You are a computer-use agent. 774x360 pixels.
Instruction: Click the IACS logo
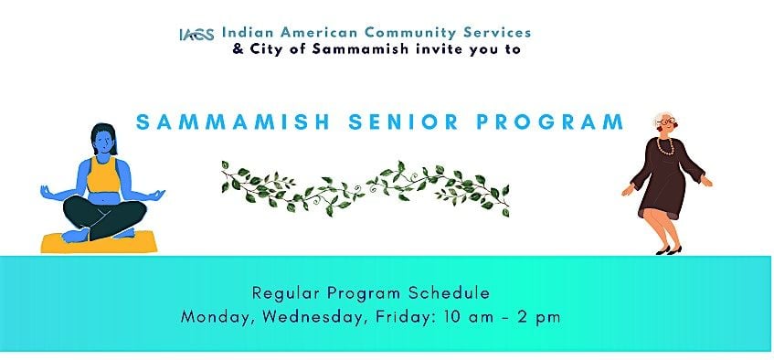(x=197, y=35)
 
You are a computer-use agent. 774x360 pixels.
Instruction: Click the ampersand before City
(x=239, y=49)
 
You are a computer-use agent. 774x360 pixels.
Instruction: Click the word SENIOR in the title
(x=403, y=122)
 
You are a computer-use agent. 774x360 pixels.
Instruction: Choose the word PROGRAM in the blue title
(x=549, y=122)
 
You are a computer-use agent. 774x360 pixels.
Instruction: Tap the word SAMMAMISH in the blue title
(x=233, y=122)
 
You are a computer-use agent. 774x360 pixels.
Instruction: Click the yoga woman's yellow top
(x=103, y=175)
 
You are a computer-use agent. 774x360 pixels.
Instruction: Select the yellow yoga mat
(x=99, y=242)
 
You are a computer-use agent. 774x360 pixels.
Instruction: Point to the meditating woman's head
(x=104, y=139)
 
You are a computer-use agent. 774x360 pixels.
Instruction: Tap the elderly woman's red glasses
(x=666, y=121)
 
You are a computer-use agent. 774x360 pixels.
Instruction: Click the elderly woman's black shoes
(x=669, y=250)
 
